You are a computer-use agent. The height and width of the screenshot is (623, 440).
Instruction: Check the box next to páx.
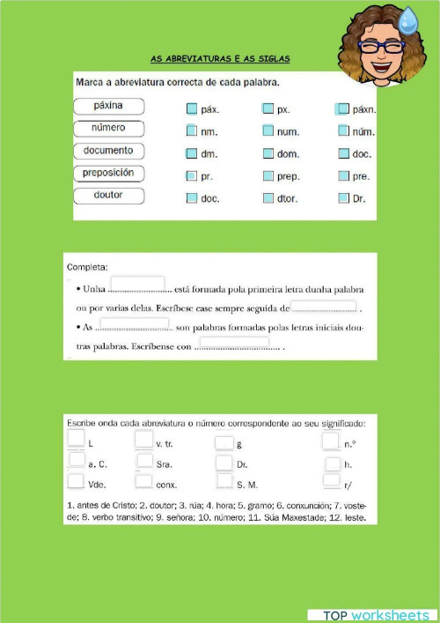pos(192,109)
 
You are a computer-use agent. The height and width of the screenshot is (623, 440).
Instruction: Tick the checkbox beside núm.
pos(343,131)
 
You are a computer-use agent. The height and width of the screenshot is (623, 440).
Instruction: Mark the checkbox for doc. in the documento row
pos(343,153)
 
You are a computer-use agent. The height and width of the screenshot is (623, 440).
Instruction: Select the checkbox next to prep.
pos(268,176)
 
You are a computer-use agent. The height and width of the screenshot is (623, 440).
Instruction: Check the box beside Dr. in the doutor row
pos(343,198)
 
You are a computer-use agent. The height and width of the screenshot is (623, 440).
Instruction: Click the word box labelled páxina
pos(108,106)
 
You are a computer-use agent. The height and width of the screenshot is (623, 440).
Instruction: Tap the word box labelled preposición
pos(108,173)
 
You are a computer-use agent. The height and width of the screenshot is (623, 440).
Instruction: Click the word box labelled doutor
pos(108,195)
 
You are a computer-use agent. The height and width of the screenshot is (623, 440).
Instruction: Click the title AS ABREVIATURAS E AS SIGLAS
pos(220,59)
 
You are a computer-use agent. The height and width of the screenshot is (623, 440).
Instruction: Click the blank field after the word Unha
pos(138,283)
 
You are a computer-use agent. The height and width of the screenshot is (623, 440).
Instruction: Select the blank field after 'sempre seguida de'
pos(323,307)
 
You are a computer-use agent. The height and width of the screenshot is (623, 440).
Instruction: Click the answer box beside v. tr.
pos(143,440)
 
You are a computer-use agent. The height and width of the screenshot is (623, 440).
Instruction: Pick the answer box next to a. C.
pos(77,461)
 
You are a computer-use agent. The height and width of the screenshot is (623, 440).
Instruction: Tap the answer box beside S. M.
pos(224,482)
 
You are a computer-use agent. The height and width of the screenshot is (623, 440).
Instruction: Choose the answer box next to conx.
pos(144,481)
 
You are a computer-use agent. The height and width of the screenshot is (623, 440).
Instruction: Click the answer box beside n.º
pos(331,440)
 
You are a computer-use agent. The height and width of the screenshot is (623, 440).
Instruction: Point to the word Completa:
pos(87,266)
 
